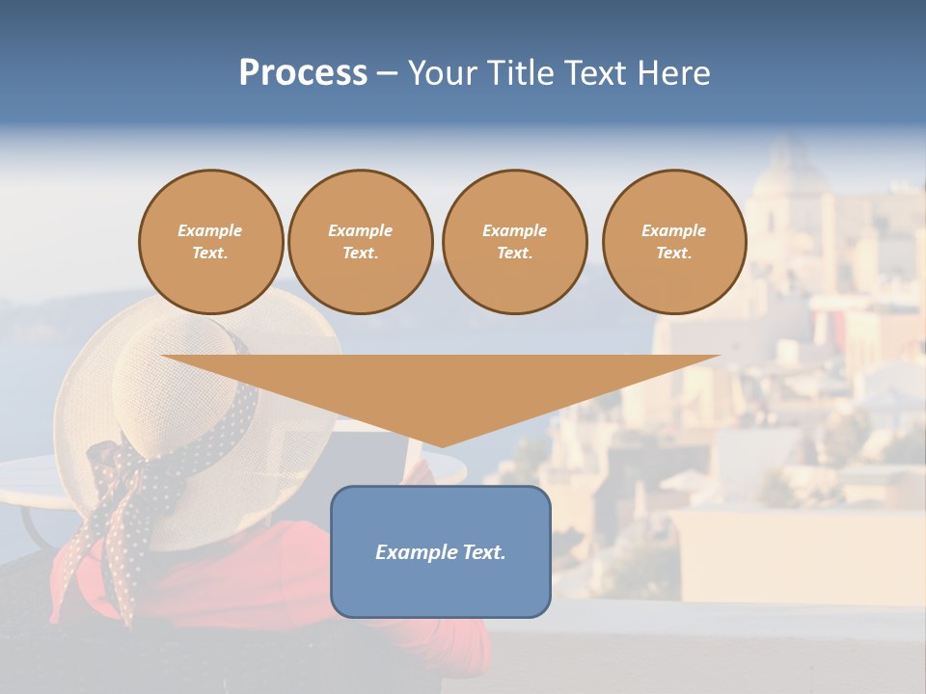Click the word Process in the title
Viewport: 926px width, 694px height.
point(303,73)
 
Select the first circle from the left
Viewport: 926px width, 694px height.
point(210,242)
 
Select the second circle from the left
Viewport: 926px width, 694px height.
point(360,242)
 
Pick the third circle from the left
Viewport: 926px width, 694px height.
point(514,242)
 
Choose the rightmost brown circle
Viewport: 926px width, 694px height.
point(673,242)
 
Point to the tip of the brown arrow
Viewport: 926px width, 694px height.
point(441,445)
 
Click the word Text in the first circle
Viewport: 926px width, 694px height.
point(209,254)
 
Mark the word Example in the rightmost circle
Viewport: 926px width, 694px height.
point(673,230)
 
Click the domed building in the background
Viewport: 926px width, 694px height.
point(789,183)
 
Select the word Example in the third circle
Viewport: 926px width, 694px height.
point(514,230)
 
